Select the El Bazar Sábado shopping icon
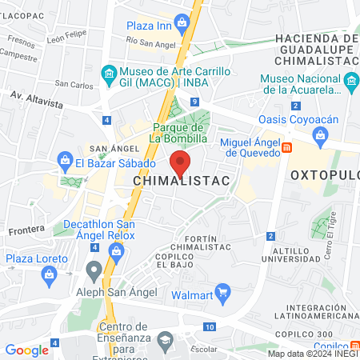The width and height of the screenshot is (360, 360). pos(64,163)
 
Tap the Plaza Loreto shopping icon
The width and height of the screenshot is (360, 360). pos(50,274)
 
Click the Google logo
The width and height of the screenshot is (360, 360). pos(26,350)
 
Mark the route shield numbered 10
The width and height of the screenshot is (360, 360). pos(210,327)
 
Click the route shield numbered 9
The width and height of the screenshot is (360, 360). pos(196,102)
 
